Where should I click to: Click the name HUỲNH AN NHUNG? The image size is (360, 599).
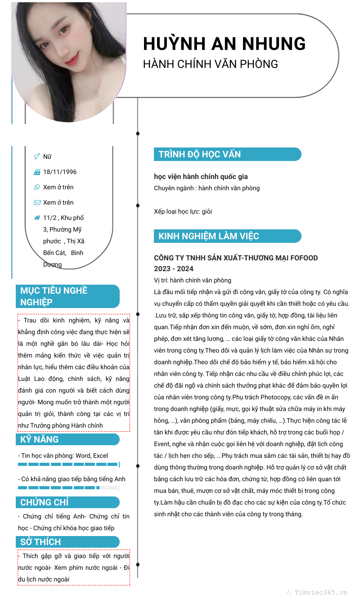(x=224, y=44)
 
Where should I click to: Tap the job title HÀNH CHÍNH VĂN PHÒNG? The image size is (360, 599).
(x=210, y=64)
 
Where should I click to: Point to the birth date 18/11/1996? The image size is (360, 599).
(x=60, y=172)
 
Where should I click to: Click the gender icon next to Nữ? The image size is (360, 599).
(x=37, y=156)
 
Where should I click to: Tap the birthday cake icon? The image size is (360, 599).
(x=37, y=172)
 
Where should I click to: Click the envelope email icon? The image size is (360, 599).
(x=37, y=202)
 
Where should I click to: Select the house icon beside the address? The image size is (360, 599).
(x=37, y=218)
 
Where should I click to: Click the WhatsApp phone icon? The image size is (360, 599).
(x=37, y=187)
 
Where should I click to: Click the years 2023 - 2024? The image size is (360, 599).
(x=174, y=269)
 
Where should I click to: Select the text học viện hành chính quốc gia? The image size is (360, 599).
(x=201, y=177)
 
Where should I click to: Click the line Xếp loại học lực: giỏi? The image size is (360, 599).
(x=183, y=211)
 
